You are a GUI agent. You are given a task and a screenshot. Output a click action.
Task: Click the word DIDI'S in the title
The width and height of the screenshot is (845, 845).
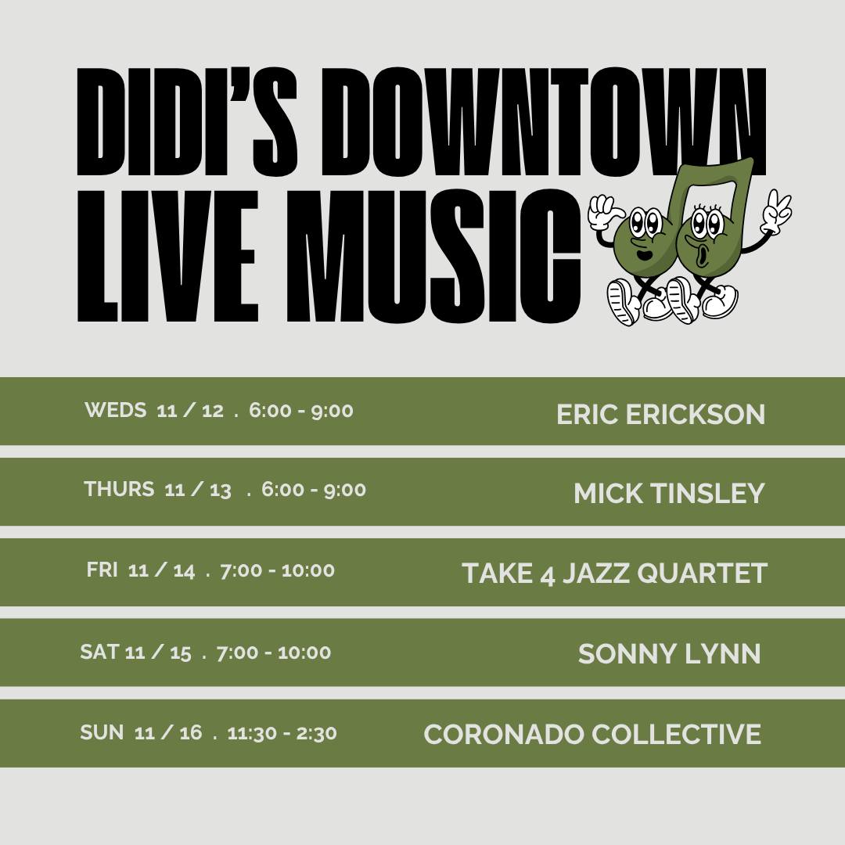(x=187, y=122)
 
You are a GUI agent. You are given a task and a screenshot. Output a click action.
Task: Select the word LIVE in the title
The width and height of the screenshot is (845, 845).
(x=168, y=256)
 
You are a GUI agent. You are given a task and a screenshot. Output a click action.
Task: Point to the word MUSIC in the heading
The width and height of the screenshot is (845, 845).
(x=433, y=256)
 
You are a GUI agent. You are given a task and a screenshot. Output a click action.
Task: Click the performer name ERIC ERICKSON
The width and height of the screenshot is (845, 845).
(x=660, y=415)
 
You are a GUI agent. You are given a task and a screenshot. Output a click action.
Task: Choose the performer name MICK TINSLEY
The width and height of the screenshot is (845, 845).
(x=669, y=493)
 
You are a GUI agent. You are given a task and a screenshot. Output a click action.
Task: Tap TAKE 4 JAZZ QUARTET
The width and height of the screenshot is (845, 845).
(x=614, y=573)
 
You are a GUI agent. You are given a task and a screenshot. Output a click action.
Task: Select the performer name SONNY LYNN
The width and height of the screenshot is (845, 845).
(x=669, y=653)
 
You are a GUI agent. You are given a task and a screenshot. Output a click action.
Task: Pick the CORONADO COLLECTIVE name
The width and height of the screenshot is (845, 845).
(x=592, y=734)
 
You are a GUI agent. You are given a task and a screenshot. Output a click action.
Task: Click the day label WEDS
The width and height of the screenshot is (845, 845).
(x=115, y=410)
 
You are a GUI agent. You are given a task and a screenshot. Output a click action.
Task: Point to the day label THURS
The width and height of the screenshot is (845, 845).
(x=119, y=489)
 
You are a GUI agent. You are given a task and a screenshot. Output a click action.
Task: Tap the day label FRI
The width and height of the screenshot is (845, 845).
(x=102, y=570)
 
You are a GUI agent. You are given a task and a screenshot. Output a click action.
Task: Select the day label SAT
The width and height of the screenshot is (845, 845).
(x=99, y=652)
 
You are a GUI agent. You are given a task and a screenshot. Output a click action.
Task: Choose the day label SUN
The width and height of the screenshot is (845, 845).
(x=102, y=732)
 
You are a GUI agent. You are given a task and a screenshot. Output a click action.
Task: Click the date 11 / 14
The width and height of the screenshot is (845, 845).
(x=162, y=570)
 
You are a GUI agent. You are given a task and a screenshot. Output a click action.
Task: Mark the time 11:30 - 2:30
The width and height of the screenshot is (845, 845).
(x=282, y=733)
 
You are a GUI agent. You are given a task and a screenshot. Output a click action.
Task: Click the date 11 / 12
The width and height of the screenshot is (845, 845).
(x=190, y=410)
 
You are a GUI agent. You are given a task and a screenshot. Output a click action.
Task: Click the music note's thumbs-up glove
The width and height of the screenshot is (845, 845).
(x=605, y=212)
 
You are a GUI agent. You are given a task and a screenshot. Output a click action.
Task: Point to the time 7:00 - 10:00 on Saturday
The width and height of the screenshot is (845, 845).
(x=274, y=653)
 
